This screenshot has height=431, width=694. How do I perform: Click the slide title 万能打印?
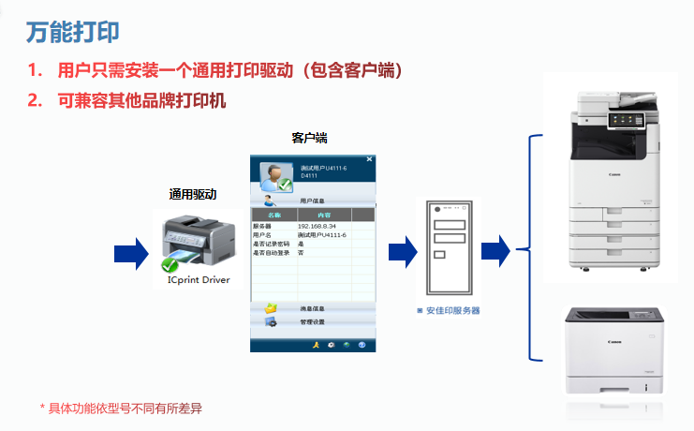[x=72, y=31]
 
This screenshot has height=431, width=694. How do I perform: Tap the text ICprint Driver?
[x=198, y=279]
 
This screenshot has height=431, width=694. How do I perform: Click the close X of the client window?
[x=369, y=160]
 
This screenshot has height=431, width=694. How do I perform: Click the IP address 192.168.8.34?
[x=317, y=227]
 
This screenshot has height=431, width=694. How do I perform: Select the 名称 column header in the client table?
[x=273, y=215]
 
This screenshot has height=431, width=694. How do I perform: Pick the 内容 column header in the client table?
[x=324, y=215]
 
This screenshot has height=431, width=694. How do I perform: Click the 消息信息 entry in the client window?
[x=312, y=308]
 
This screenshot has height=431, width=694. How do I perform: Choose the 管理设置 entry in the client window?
[x=312, y=322]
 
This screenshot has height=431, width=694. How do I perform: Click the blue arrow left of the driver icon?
[x=131, y=251]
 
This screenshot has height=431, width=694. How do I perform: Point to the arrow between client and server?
[x=402, y=250]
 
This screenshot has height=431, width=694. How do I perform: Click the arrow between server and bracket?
[x=494, y=250]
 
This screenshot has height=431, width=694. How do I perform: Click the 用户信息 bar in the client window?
[x=312, y=200]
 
